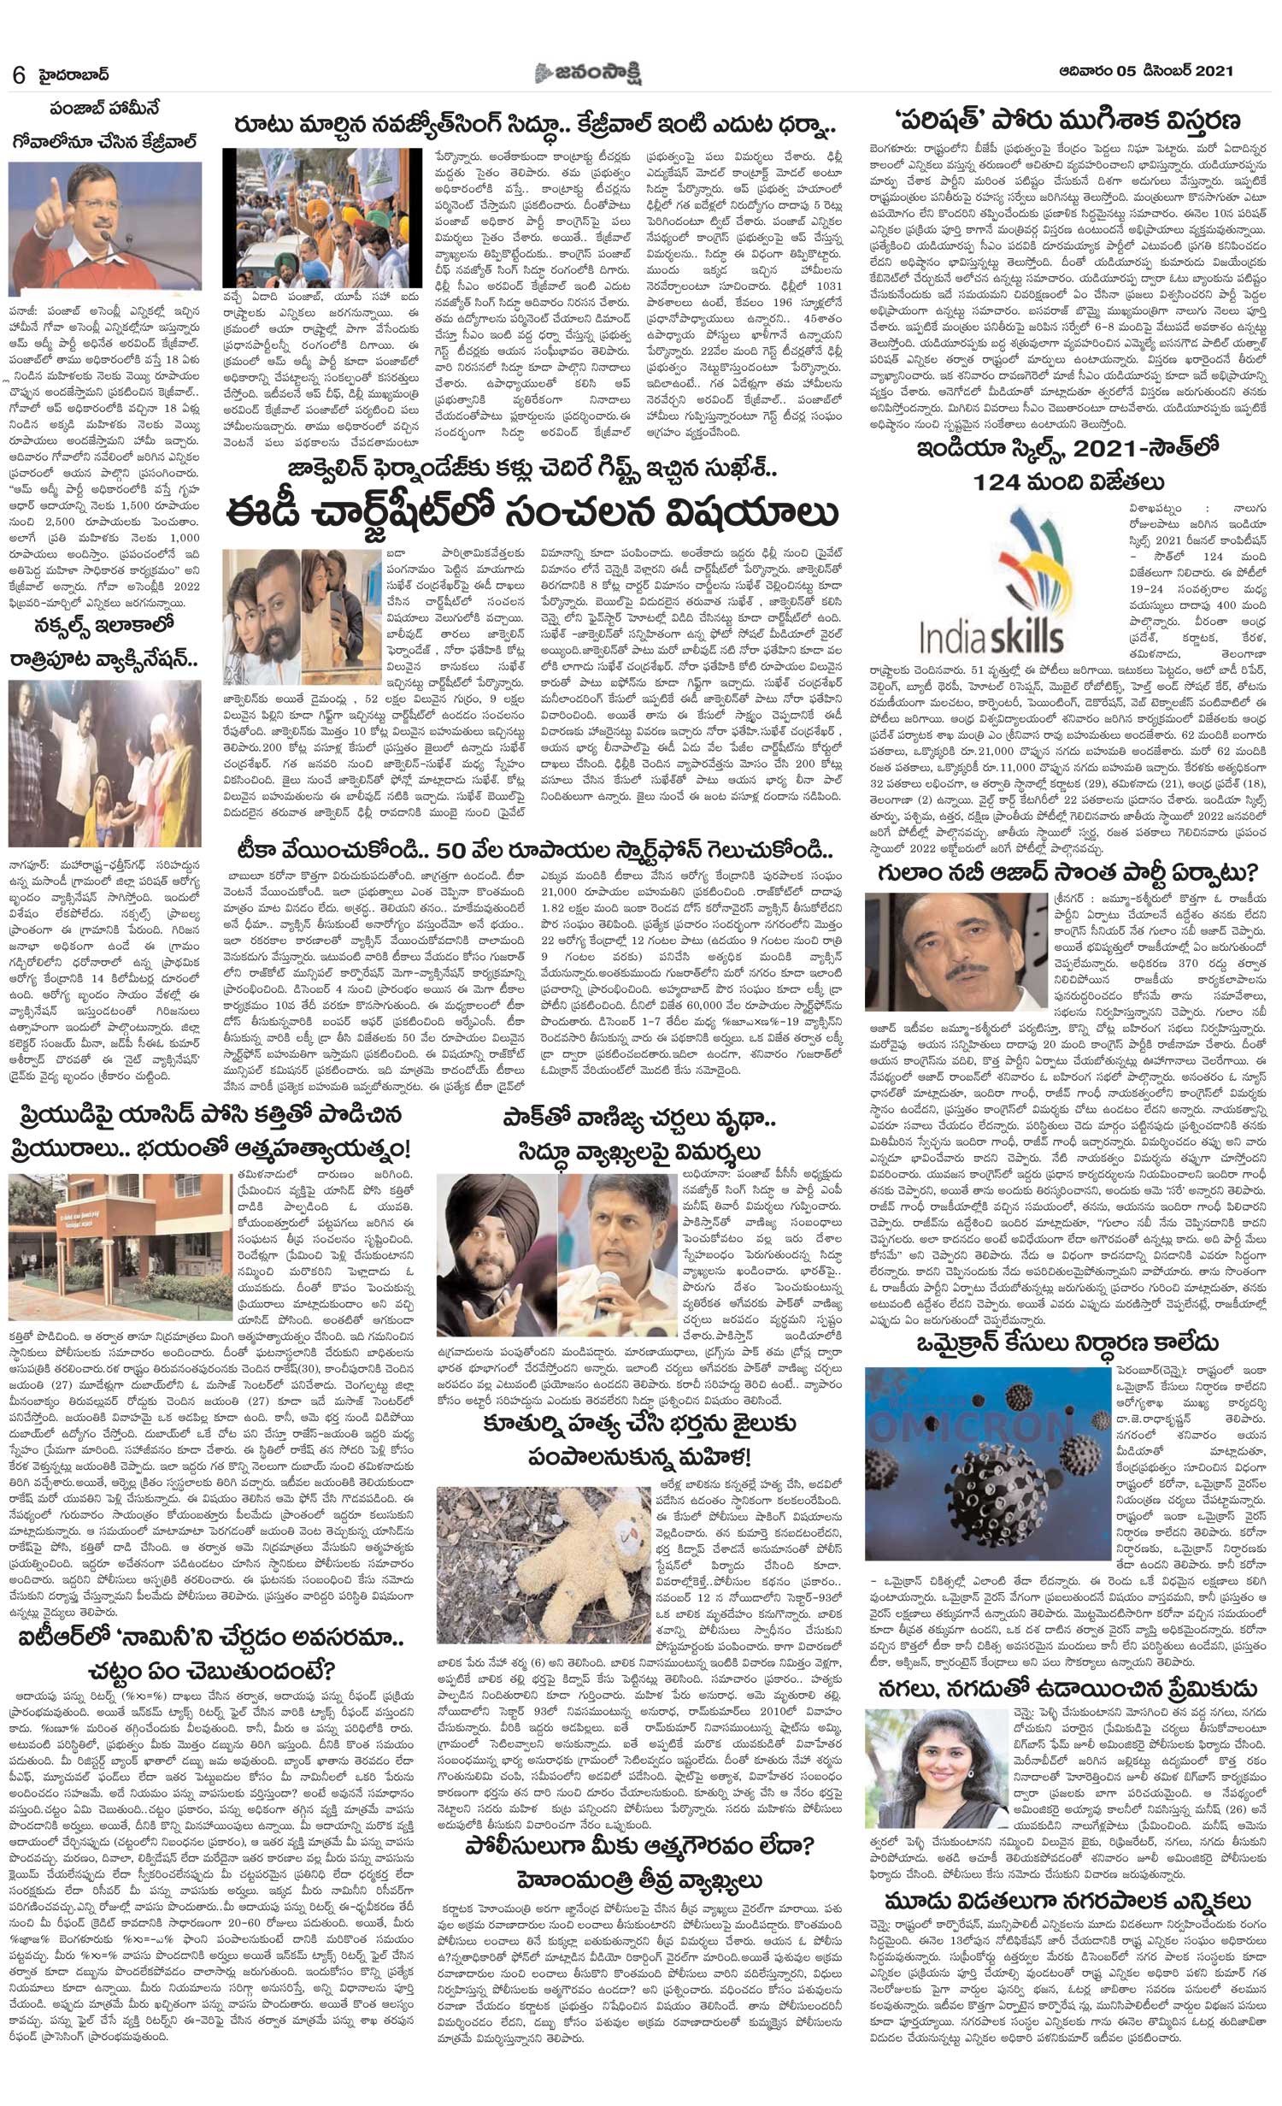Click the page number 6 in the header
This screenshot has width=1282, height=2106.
pyautogui.click(x=18, y=75)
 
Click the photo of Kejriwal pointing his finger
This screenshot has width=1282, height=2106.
pyautogui.click(x=104, y=228)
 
